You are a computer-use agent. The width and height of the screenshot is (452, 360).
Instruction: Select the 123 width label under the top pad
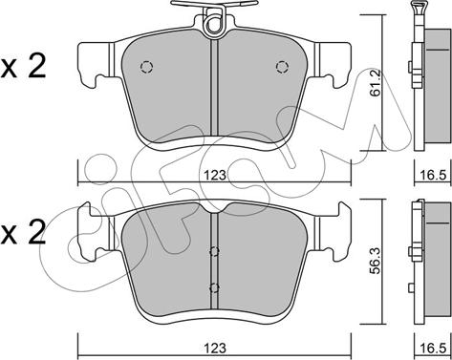tap(215, 175)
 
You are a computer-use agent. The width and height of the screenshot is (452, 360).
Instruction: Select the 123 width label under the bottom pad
tap(215, 348)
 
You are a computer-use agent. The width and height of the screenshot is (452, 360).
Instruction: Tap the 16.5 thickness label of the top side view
tap(433, 175)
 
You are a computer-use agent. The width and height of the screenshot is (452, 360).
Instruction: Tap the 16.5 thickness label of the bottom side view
tap(433, 349)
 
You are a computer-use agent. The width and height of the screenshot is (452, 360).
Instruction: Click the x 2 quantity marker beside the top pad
tap(23, 68)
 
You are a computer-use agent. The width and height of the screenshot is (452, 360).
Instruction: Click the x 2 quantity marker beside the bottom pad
tap(23, 234)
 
